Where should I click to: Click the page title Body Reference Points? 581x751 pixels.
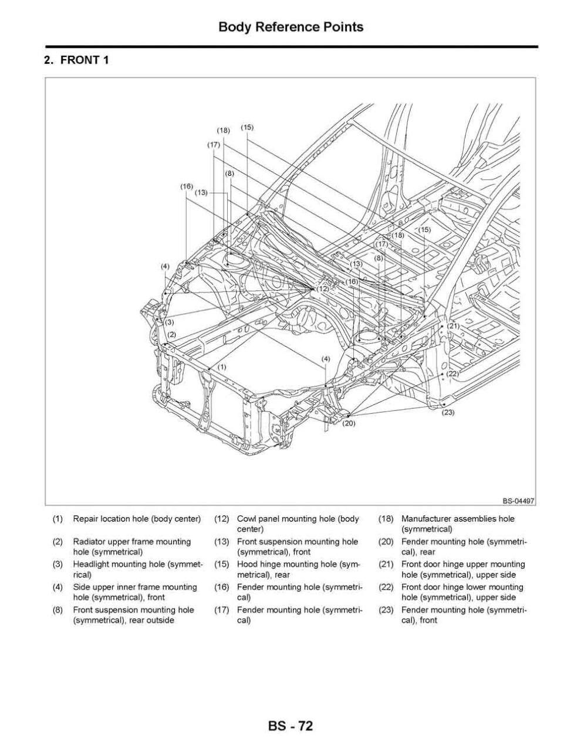click(290, 27)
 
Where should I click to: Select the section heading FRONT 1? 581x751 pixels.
click(76, 60)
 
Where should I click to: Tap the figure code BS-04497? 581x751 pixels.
click(518, 501)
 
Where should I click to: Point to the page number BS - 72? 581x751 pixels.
click(290, 726)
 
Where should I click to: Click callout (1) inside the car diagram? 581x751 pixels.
click(221, 367)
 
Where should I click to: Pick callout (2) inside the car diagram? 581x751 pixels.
click(171, 335)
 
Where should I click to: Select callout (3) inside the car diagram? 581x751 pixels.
click(169, 322)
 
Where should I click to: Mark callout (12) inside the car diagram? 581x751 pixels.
click(323, 289)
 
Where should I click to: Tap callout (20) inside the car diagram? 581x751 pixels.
click(349, 423)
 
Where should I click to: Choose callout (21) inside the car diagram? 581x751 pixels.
click(452, 326)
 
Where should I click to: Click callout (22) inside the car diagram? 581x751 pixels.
click(452, 373)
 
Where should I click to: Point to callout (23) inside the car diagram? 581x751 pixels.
click(448, 412)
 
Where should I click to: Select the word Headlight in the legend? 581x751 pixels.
click(92, 565)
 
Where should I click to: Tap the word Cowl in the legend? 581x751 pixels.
click(246, 519)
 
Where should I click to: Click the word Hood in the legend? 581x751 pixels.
click(246, 565)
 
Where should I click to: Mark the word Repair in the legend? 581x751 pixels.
click(85, 519)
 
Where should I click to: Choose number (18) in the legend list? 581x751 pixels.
click(386, 519)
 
